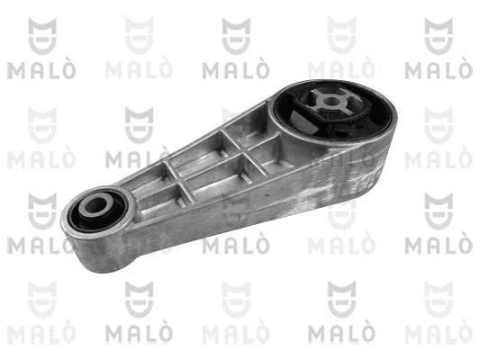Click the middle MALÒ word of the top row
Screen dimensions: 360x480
click(x=236, y=70)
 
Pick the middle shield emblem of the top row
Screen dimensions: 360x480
click(x=236, y=35)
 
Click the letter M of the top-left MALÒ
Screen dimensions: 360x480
click(x=15, y=70)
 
